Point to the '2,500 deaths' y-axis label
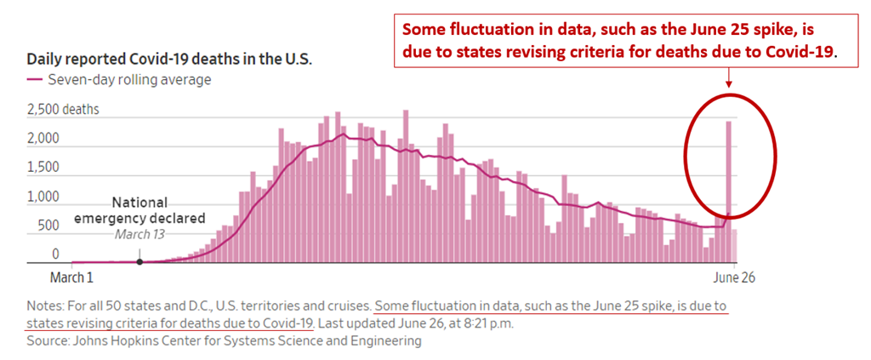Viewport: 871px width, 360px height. click(63, 109)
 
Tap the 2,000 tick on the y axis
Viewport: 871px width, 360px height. click(43, 139)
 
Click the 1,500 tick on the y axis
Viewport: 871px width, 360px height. click(43, 168)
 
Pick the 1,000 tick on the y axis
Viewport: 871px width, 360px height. click(43, 197)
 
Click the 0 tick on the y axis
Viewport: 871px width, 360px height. click(56, 254)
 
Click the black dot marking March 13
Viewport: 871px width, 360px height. click(139, 262)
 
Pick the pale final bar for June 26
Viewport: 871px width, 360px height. click(735, 246)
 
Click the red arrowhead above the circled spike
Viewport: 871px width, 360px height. click(729, 84)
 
